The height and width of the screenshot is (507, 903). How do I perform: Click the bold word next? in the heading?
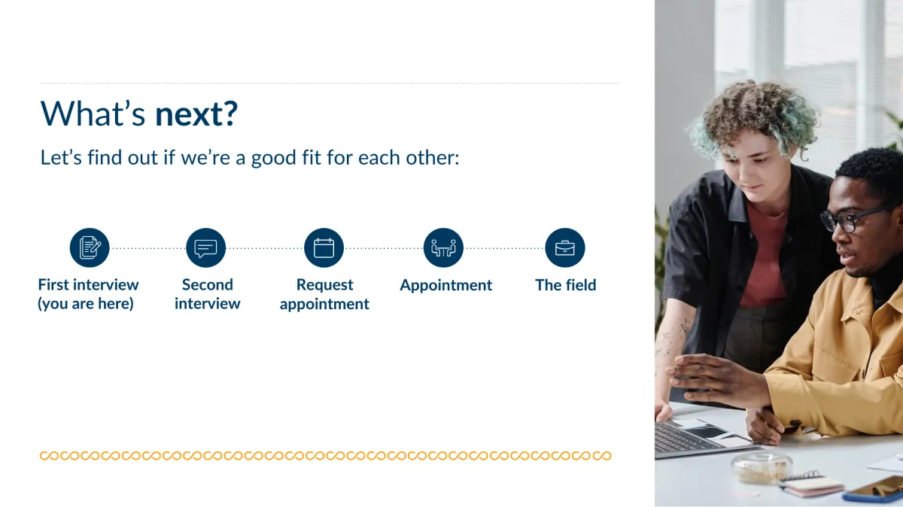(196, 114)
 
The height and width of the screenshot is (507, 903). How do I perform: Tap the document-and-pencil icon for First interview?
(90, 247)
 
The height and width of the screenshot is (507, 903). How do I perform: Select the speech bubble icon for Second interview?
(205, 247)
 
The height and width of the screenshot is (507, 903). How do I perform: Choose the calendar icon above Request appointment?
(324, 247)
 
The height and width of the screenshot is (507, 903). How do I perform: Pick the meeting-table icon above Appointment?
(443, 247)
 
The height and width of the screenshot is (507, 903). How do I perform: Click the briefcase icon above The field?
(565, 247)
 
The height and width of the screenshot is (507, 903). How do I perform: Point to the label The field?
(566, 285)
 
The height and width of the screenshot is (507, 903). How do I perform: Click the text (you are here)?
(86, 304)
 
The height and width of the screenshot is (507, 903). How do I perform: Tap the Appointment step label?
(445, 285)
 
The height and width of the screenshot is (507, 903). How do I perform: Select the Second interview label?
(207, 294)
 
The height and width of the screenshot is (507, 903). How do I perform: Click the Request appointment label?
(324, 295)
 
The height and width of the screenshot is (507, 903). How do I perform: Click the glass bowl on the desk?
(762, 467)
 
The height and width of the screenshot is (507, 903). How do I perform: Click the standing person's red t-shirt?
(763, 258)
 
